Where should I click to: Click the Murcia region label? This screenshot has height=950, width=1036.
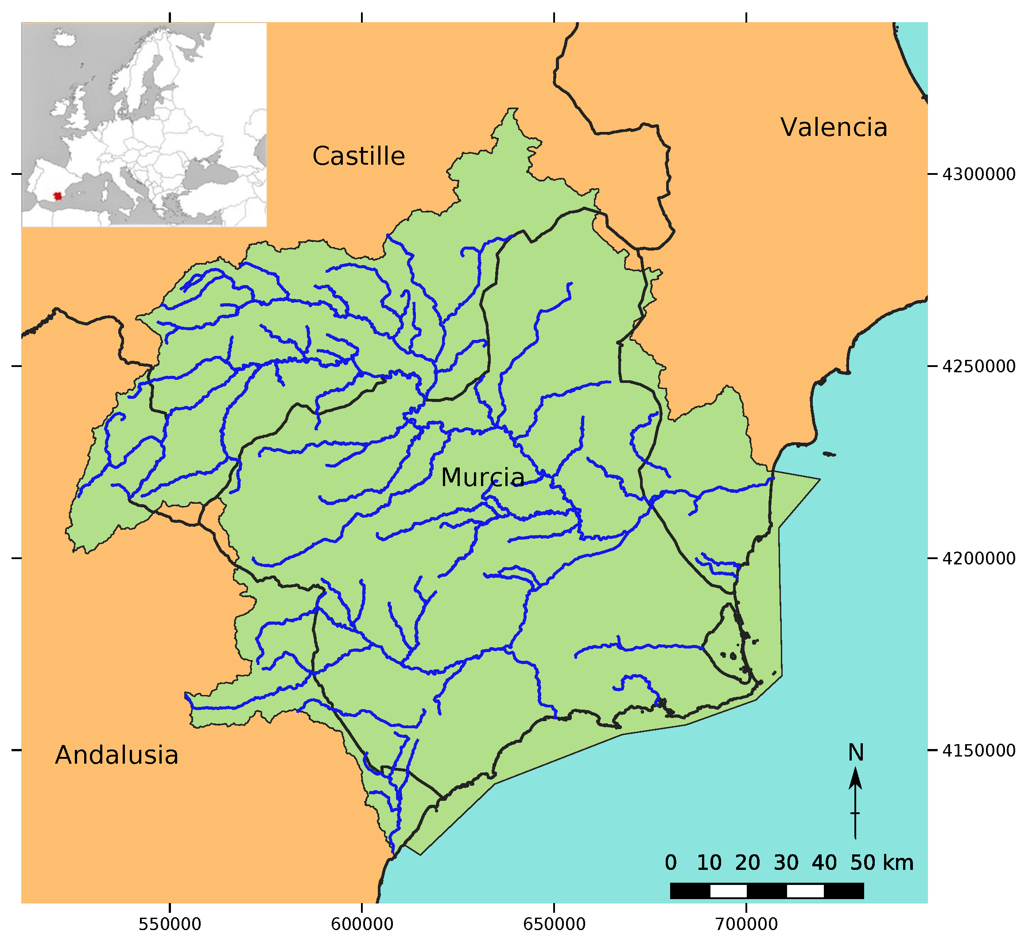tap(482, 478)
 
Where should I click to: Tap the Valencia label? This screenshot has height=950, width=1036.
tap(834, 127)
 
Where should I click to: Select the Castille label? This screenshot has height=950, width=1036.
tap(358, 156)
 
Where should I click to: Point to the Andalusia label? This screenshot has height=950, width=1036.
tap(117, 755)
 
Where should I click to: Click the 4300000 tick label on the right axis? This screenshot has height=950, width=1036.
tap(978, 174)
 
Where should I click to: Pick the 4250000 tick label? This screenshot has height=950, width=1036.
tap(978, 367)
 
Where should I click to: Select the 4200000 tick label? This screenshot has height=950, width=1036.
tap(978, 558)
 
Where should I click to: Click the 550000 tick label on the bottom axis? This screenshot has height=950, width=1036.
tap(170, 924)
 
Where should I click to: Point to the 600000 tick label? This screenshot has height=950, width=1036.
tap(362, 924)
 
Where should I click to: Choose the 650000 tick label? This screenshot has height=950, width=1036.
tap(554, 924)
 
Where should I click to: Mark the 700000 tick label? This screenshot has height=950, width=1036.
tap(746, 924)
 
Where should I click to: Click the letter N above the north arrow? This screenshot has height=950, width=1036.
tap(855, 753)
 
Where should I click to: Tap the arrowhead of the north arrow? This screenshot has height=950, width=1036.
tap(855, 778)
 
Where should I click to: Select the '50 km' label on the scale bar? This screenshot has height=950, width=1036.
tap(881, 863)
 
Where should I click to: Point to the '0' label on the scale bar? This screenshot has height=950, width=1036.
tap(670, 863)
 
